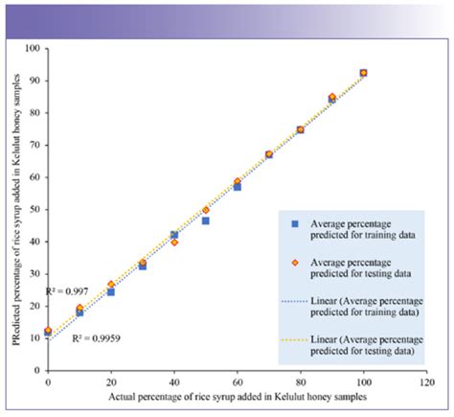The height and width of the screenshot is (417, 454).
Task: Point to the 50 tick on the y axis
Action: [36, 209]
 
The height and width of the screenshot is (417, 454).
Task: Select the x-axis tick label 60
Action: [238, 382]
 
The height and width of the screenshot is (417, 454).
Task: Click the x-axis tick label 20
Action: [111, 382]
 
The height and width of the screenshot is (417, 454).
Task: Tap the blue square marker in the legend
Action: [296, 223]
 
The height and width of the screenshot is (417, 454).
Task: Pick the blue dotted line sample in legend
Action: [296, 301]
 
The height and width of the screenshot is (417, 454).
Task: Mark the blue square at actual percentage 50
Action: [206, 220]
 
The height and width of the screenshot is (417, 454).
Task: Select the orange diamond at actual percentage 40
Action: [174, 243]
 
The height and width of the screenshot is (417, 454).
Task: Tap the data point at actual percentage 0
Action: [48, 331]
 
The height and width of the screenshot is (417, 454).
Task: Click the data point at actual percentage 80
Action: [301, 129]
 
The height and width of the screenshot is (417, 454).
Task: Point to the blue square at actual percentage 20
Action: [111, 291]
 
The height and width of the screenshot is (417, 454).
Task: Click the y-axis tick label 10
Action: [36, 337]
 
